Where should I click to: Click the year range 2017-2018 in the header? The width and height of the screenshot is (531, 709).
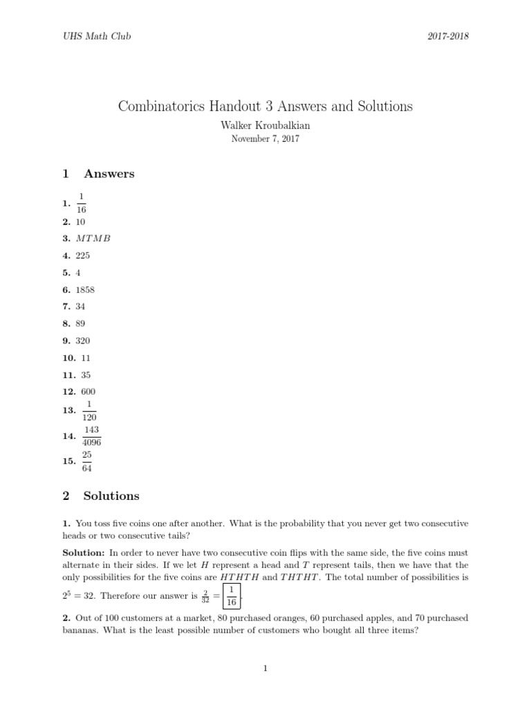(448, 37)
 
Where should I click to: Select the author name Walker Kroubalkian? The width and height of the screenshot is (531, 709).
(265, 125)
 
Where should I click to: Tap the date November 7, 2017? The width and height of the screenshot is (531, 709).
(265, 138)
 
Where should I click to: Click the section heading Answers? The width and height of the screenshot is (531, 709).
(109, 174)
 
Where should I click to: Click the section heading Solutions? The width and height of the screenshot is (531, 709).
(111, 496)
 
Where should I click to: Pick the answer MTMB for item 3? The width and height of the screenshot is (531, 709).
(93, 238)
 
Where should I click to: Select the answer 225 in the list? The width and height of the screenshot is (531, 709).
(83, 255)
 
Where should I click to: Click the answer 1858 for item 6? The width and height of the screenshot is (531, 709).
(85, 289)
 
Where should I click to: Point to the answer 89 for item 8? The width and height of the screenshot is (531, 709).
(81, 323)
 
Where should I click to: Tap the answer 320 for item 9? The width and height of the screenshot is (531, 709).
(83, 341)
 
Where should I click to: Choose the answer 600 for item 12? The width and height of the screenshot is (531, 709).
(88, 392)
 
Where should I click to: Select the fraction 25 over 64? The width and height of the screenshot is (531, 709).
(86, 461)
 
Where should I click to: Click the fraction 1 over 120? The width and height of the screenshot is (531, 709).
(89, 411)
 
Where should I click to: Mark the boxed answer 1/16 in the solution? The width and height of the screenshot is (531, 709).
(232, 595)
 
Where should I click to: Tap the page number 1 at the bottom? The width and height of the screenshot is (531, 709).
(265, 668)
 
